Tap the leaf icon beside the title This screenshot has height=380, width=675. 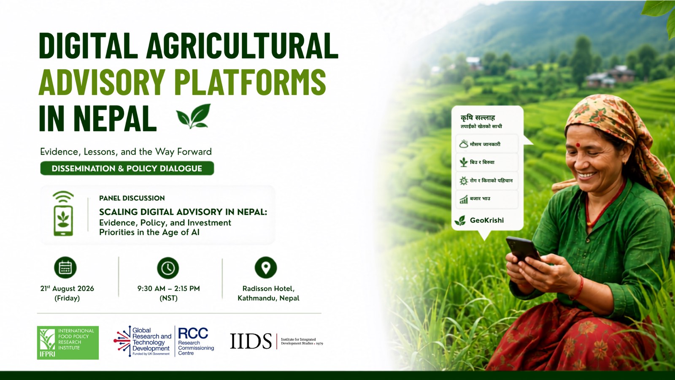(194, 116)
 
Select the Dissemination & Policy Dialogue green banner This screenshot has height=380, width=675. (127, 168)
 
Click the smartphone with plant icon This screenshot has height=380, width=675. (63, 214)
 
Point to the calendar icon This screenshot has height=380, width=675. (65, 268)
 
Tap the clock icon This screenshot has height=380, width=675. (168, 268)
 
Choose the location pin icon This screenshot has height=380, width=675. (266, 268)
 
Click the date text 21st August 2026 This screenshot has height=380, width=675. (67, 289)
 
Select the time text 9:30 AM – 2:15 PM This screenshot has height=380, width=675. (168, 289)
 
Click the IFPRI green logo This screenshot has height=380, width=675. (68, 342)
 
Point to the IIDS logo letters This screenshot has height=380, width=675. (251, 341)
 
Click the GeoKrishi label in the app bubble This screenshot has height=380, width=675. (487, 220)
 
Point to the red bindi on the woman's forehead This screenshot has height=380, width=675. (578, 145)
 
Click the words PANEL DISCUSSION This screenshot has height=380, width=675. (132, 198)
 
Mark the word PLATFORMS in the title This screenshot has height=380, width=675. (251, 82)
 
